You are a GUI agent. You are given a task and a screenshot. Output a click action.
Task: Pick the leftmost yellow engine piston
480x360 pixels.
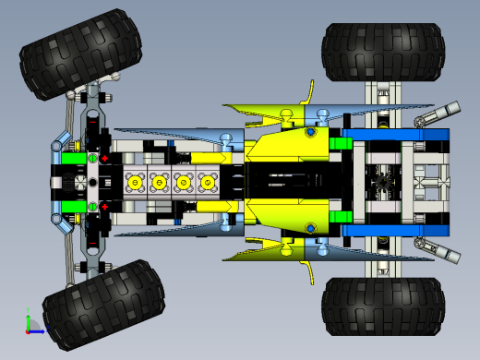coord(137,183)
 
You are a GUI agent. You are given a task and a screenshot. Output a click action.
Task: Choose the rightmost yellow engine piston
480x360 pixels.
coord(209,183)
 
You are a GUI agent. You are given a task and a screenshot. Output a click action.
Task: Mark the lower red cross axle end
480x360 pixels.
coord(104,206)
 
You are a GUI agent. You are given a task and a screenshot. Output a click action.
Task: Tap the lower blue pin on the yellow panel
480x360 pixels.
coord(316,230)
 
